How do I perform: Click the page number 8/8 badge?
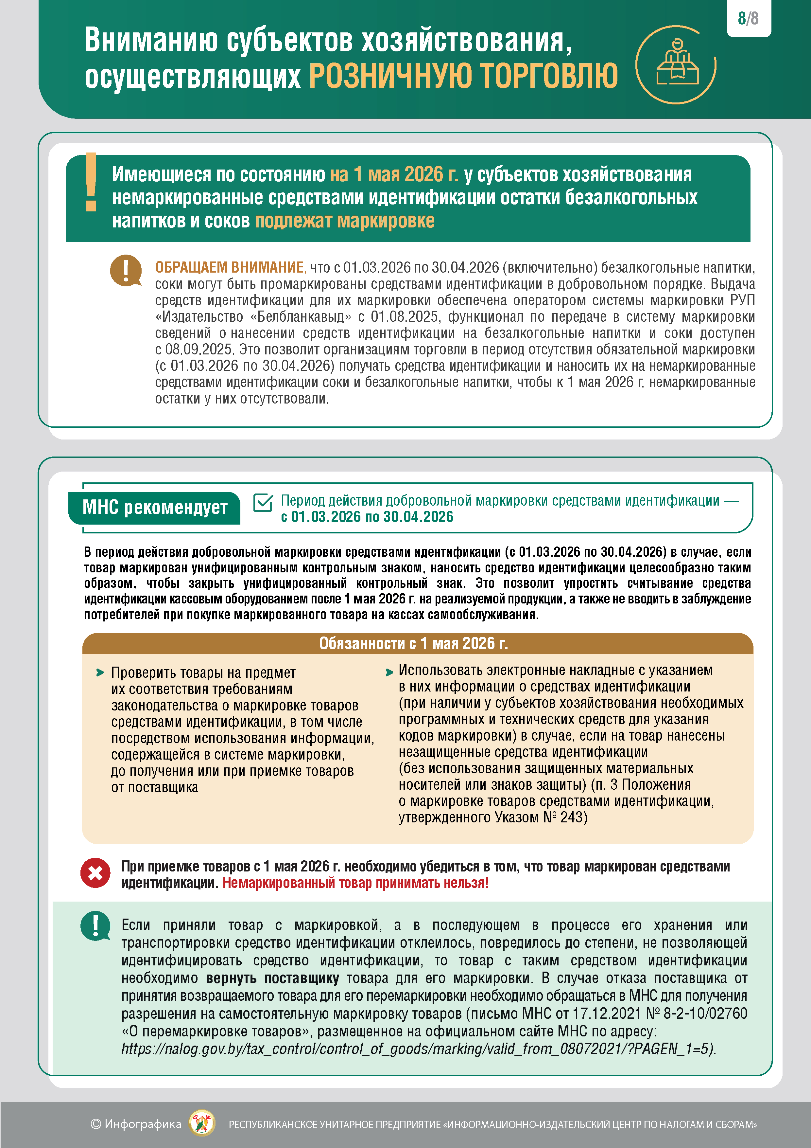(x=748, y=19)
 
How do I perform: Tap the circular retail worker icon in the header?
(x=676, y=64)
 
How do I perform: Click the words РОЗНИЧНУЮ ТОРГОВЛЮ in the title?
(x=463, y=76)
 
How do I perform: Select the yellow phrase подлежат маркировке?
(x=345, y=221)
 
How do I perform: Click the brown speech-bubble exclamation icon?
(x=126, y=271)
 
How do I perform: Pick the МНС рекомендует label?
(x=154, y=508)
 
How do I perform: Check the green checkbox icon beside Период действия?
(x=263, y=503)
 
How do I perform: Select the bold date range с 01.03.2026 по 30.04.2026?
(x=367, y=517)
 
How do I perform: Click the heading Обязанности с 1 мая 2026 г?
(x=413, y=643)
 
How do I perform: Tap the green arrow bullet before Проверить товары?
(x=100, y=673)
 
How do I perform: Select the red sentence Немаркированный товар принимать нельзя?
(x=355, y=883)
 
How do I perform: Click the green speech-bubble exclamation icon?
(x=95, y=925)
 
